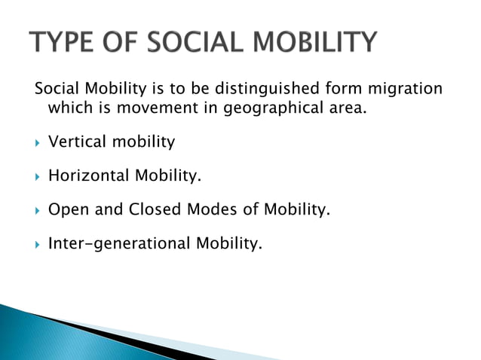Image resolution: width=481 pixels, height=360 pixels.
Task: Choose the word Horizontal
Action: pyautogui.click(x=88, y=175)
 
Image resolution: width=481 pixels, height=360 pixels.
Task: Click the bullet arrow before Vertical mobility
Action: pyautogui.click(x=38, y=142)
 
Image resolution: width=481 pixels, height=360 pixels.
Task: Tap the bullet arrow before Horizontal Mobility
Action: pyautogui.click(x=38, y=176)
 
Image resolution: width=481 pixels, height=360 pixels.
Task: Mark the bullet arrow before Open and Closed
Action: pyautogui.click(x=38, y=210)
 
